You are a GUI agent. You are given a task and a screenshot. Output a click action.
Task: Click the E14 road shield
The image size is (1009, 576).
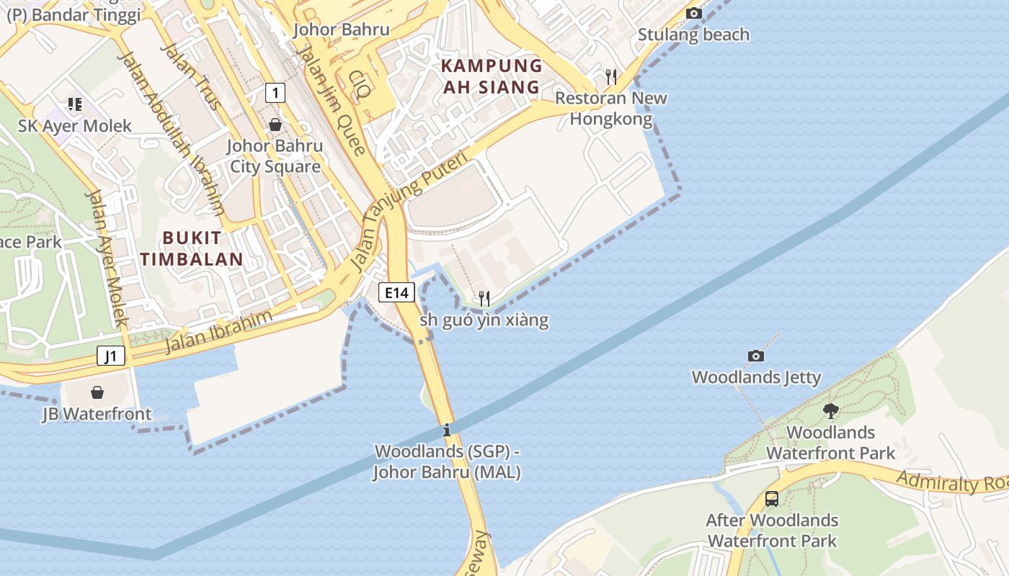396,292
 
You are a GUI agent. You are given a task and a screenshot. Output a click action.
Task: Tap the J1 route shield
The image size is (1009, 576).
111,356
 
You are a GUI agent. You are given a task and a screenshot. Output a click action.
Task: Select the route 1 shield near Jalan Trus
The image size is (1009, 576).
275,92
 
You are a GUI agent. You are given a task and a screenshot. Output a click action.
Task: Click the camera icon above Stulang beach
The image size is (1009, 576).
693,13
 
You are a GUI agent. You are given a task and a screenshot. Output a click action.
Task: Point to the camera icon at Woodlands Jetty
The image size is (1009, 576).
755,356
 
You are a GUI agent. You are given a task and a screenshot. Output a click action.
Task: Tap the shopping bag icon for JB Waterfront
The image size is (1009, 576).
97,392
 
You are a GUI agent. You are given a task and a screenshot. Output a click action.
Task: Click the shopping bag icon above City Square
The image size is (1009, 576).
275,125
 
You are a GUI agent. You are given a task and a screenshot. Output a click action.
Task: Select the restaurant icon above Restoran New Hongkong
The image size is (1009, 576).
611,76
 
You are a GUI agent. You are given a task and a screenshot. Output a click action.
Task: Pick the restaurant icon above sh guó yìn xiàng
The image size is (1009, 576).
484,298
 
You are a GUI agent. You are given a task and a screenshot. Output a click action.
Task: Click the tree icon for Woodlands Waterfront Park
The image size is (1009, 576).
830,411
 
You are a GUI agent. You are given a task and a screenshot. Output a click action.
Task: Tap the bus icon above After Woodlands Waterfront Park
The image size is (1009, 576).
771,498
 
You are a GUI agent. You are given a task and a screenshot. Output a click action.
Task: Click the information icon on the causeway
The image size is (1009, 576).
447,431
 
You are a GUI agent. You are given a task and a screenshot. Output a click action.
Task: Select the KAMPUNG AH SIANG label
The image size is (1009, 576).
492,76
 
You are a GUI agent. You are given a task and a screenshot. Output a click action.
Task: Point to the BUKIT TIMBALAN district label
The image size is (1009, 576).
192,248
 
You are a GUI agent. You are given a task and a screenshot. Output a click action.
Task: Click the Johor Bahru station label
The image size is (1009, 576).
342,30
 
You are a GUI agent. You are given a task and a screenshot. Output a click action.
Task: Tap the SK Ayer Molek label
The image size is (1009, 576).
75,126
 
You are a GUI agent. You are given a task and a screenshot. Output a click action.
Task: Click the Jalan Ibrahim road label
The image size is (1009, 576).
219,332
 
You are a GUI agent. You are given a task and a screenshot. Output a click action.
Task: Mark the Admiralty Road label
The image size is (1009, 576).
951,482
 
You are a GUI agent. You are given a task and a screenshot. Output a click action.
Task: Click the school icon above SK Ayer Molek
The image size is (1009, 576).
75,104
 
